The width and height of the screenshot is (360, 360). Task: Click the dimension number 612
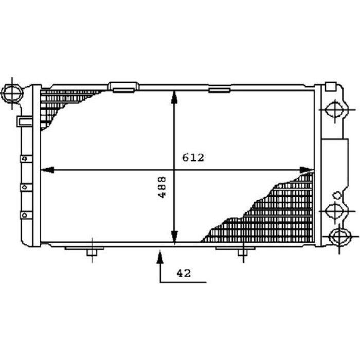(x=193, y=158)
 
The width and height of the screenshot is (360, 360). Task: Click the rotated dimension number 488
(x=162, y=187)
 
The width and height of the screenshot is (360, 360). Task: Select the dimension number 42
(x=184, y=274)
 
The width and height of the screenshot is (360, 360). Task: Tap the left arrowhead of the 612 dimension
(x=47, y=170)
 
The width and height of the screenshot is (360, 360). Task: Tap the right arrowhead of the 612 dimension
(x=307, y=170)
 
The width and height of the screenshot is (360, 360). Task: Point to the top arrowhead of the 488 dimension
(x=174, y=97)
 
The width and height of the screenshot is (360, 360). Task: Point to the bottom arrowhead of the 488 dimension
(x=174, y=237)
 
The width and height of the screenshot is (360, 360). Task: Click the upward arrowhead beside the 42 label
(x=160, y=257)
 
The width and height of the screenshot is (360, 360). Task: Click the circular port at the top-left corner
(x=12, y=93)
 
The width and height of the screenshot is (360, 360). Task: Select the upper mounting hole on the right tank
(x=335, y=110)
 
